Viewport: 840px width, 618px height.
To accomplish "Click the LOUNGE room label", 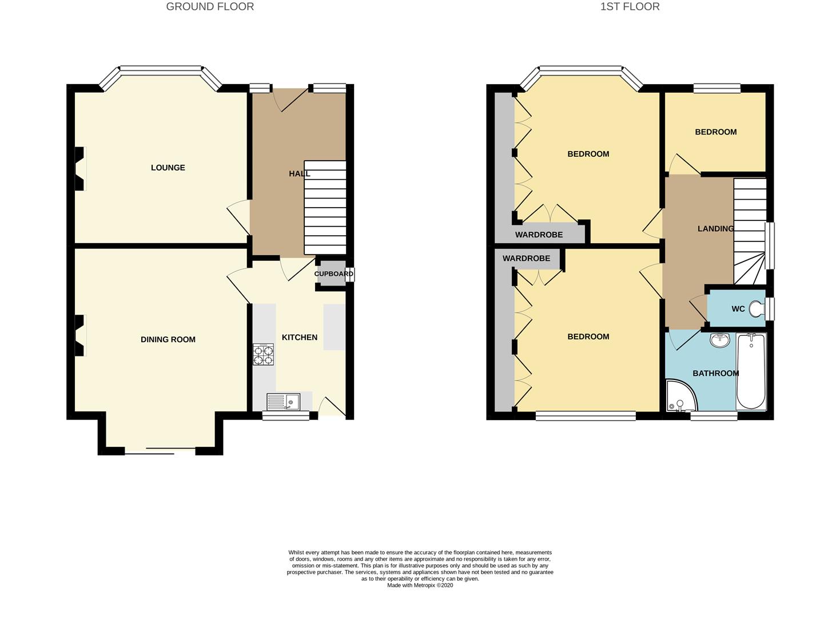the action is point(168,168).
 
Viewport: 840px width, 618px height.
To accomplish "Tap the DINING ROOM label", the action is point(168,339).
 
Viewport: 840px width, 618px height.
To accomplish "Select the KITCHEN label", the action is point(300,338).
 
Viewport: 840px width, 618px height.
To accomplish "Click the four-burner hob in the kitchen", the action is point(263,355).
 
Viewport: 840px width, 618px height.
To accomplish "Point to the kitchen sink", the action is point(283,402).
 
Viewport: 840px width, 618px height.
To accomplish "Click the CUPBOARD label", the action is point(334,274).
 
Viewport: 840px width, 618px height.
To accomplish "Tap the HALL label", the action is point(300,174).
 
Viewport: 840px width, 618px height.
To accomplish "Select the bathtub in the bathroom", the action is point(751,371).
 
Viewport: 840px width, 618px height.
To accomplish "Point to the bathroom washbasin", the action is point(719,340).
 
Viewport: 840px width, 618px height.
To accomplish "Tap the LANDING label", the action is point(716,228).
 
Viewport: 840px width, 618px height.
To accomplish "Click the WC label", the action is point(738,309).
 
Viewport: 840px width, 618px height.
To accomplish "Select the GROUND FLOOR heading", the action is point(210,7).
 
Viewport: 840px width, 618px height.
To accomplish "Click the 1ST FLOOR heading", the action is point(630,7).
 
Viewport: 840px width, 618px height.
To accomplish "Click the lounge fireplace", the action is point(80,169).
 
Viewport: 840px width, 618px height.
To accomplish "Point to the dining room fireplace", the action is point(80,335).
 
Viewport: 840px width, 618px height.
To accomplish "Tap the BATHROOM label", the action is point(716,373).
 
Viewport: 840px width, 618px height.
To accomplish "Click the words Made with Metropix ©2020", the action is point(420,585).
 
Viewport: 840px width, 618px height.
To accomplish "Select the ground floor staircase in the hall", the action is point(325,208).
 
